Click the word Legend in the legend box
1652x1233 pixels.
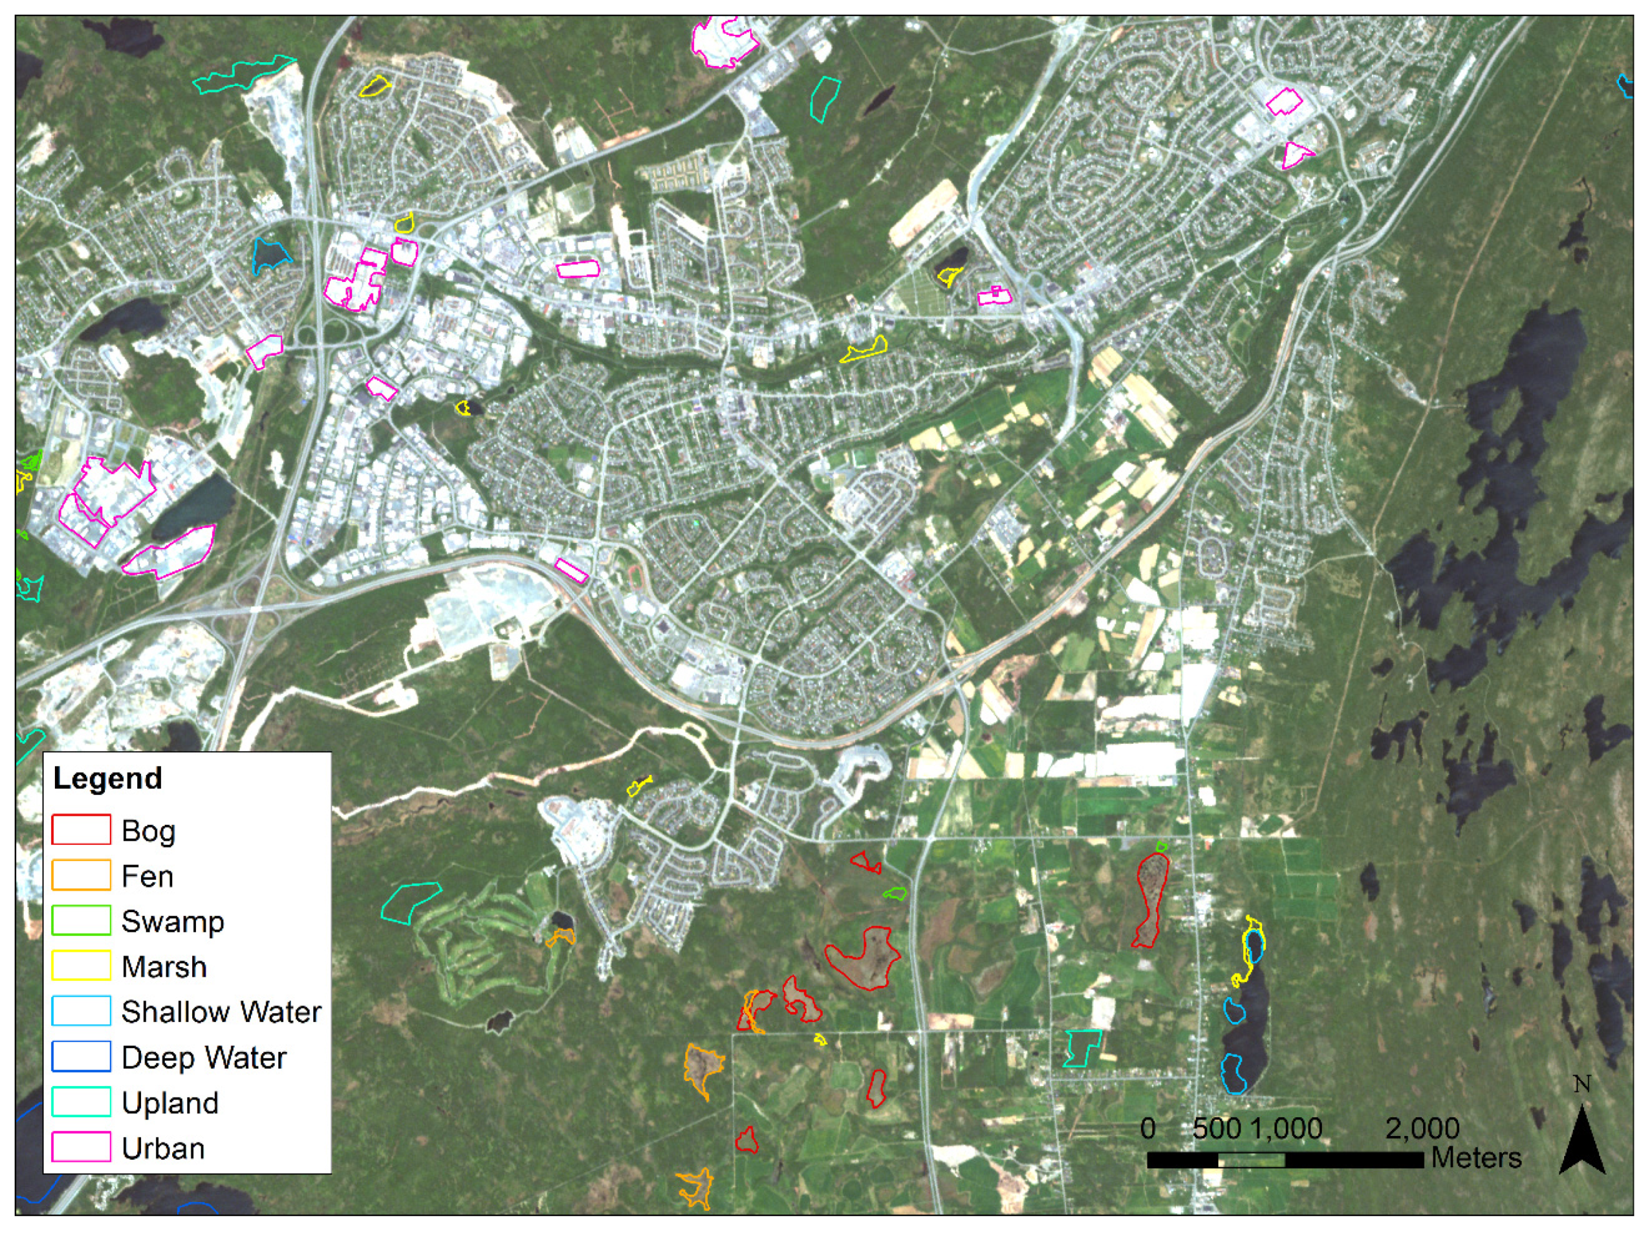tap(107, 778)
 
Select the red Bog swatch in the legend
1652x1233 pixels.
tap(81, 830)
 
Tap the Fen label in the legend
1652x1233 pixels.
tap(147, 875)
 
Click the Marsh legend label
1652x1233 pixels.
tap(164, 966)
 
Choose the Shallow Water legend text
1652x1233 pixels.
tap(221, 1012)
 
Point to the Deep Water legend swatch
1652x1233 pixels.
tap(81, 1057)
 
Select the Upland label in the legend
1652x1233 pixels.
tap(170, 1102)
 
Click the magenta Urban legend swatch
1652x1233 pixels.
tap(81, 1147)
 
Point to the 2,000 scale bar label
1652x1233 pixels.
tap(1422, 1128)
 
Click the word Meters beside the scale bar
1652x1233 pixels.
tap(1476, 1157)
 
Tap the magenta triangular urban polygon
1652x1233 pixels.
tap(1296, 154)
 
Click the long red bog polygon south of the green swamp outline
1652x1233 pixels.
tap(1150, 899)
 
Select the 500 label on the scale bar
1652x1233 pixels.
tap(1217, 1128)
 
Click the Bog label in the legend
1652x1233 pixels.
tap(148, 831)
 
